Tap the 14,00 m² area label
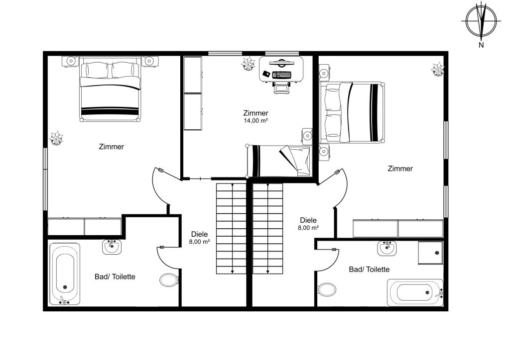tap(255, 121)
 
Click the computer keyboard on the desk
tap(281, 75)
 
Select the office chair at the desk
tap(281, 88)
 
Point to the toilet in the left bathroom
tap(169, 280)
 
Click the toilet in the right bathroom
tap(327, 289)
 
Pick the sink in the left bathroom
tap(112, 247)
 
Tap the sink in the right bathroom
tap(386, 248)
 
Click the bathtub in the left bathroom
tap(65, 274)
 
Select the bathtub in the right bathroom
tap(415, 292)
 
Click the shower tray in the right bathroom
tap(431, 253)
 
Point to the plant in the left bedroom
tap(56, 138)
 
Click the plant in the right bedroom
tap(437, 70)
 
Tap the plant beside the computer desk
tap(248, 64)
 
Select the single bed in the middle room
tap(279, 161)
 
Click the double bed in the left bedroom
tap(111, 90)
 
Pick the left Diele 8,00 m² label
tap(199, 238)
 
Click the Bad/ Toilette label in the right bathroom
tap(369, 270)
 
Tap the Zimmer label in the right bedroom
tap(400, 169)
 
